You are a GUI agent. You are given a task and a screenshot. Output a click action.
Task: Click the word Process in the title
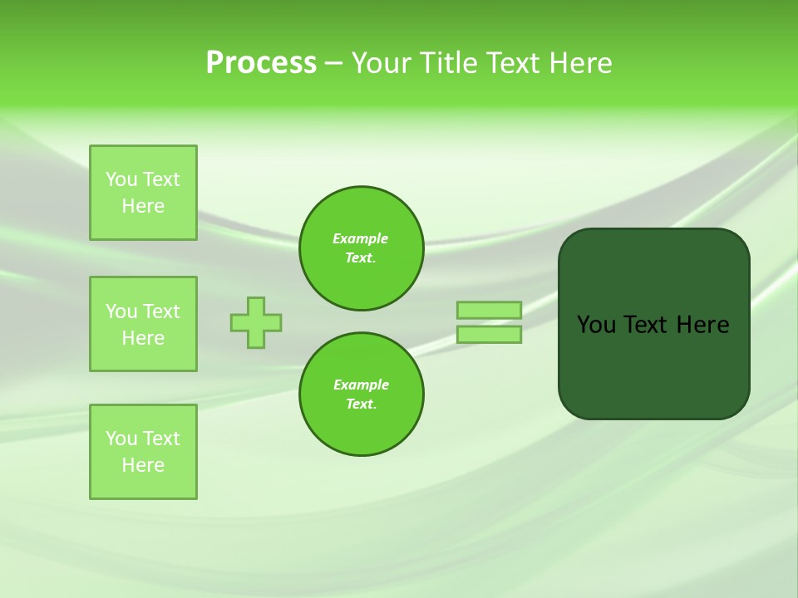[261, 63]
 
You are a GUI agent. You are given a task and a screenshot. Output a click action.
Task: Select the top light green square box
[143, 193]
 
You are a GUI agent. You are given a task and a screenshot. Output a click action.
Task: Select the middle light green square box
[143, 324]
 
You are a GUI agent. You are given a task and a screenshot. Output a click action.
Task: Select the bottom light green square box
[143, 452]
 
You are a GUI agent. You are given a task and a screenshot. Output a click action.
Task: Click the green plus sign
[256, 322]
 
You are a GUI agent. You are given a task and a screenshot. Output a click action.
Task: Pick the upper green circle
[362, 248]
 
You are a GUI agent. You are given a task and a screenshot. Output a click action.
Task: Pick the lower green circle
[362, 395]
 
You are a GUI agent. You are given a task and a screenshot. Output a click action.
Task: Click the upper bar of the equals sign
[489, 310]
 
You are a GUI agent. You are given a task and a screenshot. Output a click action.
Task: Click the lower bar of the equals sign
[489, 335]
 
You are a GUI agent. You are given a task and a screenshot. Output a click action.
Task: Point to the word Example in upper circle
[361, 238]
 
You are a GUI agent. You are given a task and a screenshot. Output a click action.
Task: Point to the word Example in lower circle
[361, 385]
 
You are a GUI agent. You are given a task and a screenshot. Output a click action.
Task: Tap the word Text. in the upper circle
[361, 258]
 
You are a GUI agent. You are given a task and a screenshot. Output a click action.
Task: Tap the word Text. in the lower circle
[361, 404]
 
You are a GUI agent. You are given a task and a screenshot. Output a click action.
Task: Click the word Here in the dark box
[702, 325]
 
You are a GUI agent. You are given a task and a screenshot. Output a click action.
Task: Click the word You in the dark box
[596, 325]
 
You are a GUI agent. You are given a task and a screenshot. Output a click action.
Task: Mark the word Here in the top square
[143, 206]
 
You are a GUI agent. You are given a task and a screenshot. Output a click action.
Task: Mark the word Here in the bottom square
[143, 465]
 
